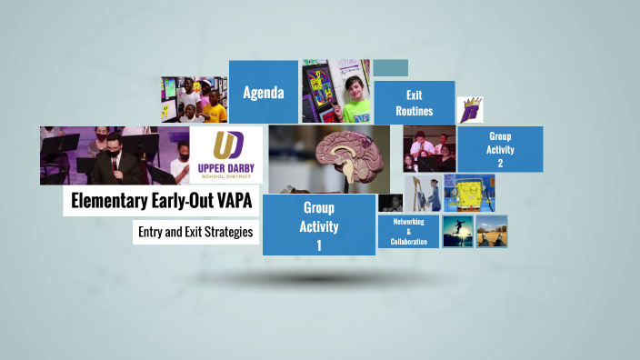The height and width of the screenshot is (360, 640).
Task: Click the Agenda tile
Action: click(264, 92)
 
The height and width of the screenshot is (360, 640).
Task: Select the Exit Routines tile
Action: click(414, 103)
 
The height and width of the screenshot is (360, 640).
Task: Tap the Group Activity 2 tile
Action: click(500, 150)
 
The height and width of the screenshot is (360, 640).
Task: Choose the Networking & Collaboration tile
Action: click(408, 232)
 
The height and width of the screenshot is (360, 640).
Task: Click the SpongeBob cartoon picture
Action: click(476, 194)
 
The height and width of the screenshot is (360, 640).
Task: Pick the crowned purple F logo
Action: click(470, 111)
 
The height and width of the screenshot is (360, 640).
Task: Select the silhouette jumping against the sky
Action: click(457, 231)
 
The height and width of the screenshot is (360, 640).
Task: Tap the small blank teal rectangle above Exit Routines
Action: click(390, 68)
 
